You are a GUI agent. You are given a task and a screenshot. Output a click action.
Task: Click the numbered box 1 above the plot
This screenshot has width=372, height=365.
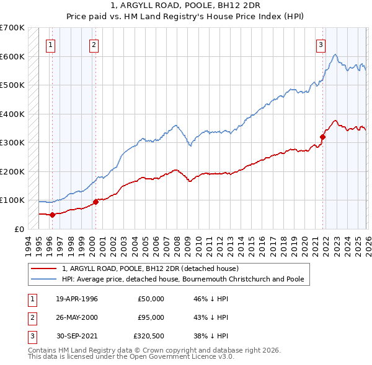tap(50, 44)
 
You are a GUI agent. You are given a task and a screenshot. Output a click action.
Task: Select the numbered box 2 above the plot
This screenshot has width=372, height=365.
tap(93, 44)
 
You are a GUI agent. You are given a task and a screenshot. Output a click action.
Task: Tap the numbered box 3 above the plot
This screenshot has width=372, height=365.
tap(321, 44)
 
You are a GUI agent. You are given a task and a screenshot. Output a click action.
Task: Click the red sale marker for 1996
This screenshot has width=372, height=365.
tap(52, 215)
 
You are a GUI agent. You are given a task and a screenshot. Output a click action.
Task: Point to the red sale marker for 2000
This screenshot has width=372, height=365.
tap(96, 202)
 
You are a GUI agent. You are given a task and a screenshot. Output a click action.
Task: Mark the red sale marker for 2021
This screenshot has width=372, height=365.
tap(323, 137)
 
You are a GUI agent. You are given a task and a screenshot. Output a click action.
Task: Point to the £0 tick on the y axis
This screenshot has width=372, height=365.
tap(19, 229)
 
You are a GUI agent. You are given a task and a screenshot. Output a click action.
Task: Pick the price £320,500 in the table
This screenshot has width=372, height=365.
tap(149, 336)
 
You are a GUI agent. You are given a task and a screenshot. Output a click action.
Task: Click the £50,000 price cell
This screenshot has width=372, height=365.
tap(151, 299)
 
